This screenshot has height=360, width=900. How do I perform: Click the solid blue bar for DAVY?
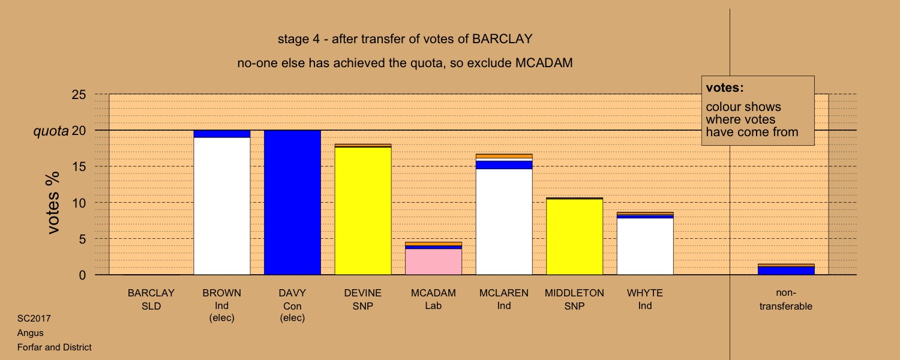coord(293,203)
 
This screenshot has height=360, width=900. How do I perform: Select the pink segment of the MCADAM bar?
coord(434,262)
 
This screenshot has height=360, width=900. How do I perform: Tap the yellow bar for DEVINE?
coord(363,211)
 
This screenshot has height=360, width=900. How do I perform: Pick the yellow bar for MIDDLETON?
coord(575,237)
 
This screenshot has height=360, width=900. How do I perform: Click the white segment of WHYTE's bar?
coord(645,246)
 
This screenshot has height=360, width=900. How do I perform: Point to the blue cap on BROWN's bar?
coord(222,134)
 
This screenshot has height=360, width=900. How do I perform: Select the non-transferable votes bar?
coord(786,269)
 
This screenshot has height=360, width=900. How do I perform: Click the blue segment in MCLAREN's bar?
coord(504,165)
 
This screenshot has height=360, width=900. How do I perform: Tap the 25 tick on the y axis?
coord(79,94)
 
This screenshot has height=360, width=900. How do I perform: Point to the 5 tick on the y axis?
coord(82,239)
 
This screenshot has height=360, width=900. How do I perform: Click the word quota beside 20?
coord(51,131)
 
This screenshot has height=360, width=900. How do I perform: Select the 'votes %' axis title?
coord(53,203)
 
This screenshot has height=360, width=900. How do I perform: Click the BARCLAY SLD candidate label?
coord(151,299)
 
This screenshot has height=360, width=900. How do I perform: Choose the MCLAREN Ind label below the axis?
coord(504,299)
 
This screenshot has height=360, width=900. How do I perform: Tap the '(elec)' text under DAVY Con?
coord(293,318)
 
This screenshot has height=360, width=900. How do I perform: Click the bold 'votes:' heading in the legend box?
coord(725,88)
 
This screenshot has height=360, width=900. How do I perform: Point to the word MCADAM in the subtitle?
coord(544,63)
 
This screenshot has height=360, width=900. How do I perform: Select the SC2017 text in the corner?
coord(34,319)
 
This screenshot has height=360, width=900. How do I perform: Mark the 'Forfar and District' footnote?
coord(54,347)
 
